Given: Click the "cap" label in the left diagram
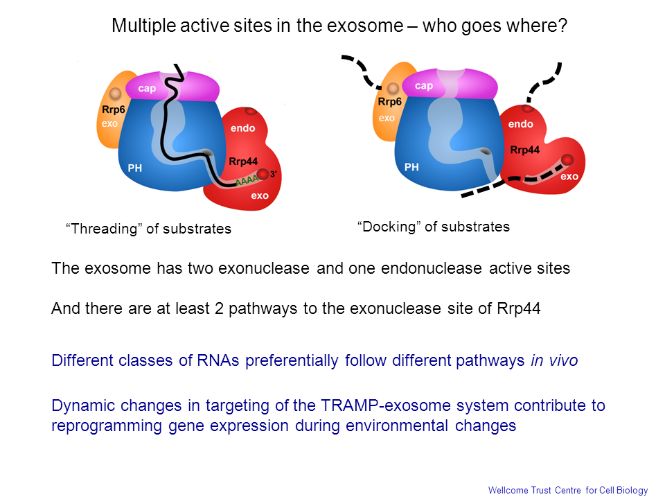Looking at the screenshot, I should [147, 89].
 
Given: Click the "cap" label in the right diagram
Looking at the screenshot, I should [423, 86].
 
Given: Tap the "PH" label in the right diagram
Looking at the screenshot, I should [411, 167].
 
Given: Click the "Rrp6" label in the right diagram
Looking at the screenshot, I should [390, 103].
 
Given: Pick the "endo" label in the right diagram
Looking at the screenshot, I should [520, 124].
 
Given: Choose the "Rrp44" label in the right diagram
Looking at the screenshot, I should [524, 150].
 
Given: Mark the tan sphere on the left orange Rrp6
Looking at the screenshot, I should [115, 93].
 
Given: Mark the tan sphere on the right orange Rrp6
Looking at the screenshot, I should [393, 88].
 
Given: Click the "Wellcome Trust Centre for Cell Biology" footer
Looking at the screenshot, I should [568, 491].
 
